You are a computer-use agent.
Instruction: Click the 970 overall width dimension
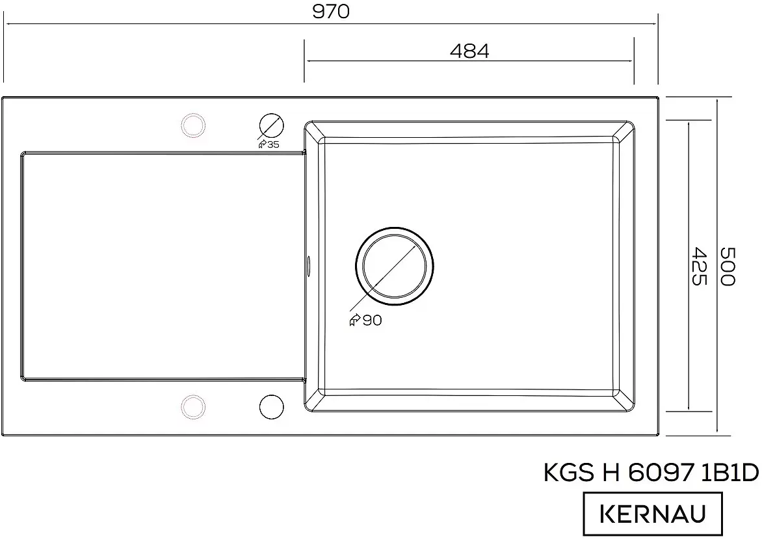click(330, 12)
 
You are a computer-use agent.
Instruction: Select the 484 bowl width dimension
click(469, 51)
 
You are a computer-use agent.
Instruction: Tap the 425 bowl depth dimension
click(697, 267)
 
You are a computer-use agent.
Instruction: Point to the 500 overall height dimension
click(727, 267)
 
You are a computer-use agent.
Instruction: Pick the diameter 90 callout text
click(366, 320)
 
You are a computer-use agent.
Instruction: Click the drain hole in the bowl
click(394, 267)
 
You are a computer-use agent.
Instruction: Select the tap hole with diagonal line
click(271, 124)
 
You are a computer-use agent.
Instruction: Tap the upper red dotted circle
click(192, 124)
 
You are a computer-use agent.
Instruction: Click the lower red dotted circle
click(192, 406)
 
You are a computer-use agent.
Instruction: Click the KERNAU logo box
click(652, 514)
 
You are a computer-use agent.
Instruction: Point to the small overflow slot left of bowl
click(308, 264)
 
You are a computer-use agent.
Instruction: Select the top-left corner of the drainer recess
click(24, 154)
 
